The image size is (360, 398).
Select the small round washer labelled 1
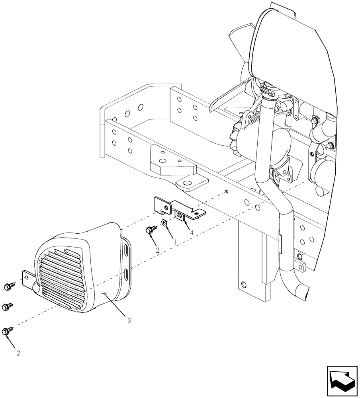[164, 222]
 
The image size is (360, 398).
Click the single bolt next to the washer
[152, 229]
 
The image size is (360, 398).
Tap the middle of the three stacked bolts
[6, 306]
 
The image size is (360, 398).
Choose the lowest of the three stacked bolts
[7, 330]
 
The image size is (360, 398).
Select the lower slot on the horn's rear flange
[126, 274]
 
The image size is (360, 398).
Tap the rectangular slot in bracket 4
[180, 216]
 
